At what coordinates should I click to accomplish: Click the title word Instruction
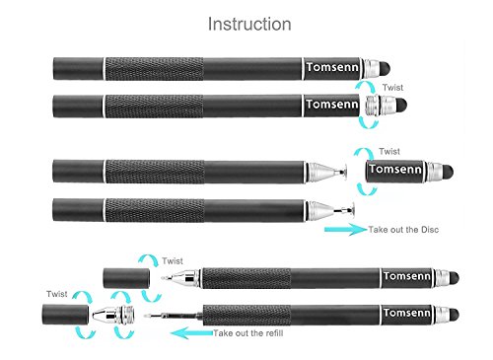[249, 24]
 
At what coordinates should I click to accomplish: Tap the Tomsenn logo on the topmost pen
[332, 67]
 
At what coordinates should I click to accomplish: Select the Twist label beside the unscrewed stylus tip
[392, 88]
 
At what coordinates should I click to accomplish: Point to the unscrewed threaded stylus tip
[387, 106]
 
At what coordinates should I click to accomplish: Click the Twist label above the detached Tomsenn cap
[389, 152]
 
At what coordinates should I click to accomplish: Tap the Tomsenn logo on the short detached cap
[395, 169]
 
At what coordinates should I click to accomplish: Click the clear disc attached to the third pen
[344, 171]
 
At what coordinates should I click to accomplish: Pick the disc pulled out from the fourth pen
[352, 209]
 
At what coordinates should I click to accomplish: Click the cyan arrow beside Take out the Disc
[345, 229]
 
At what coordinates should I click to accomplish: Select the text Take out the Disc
[403, 230]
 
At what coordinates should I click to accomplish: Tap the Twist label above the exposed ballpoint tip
[173, 261]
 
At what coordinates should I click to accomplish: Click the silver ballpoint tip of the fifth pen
[181, 278]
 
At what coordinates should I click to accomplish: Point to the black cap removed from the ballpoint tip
[126, 278]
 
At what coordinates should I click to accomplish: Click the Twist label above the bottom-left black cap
[56, 294]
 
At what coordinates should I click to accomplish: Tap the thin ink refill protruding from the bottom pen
[174, 317]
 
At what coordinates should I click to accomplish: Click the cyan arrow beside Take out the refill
[192, 332]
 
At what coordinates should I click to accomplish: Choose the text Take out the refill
[248, 333]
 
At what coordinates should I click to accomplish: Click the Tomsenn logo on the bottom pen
[407, 313]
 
